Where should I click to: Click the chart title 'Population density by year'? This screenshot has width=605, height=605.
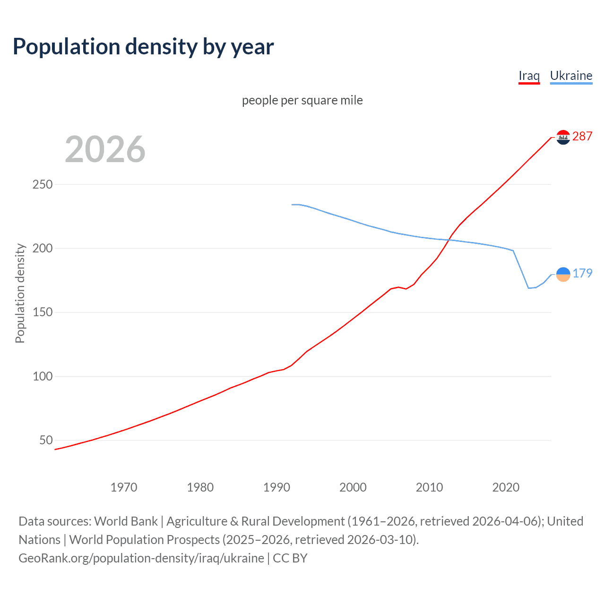[143, 47]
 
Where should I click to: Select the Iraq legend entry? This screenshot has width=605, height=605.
[529, 76]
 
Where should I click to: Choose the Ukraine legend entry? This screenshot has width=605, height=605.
[571, 76]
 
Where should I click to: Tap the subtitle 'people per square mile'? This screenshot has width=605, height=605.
[302, 100]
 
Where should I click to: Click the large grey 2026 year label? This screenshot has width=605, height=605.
[105, 149]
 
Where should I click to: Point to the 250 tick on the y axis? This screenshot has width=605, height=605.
[42, 184]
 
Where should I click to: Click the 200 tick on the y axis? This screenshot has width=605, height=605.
[42, 248]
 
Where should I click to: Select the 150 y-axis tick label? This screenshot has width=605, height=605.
[42, 312]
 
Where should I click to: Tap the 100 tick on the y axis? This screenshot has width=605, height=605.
[42, 376]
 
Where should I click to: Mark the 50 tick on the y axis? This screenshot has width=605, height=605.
[46, 440]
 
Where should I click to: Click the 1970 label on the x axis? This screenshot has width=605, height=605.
[124, 487]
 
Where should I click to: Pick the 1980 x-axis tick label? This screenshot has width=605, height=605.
[200, 487]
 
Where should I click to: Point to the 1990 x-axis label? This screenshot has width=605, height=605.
[277, 487]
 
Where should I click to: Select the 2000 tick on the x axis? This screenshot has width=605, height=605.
[353, 487]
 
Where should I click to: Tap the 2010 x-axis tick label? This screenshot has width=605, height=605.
[429, 487]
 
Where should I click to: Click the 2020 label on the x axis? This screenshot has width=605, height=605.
[506, 487]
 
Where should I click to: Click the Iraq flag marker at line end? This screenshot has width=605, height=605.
[563, 137]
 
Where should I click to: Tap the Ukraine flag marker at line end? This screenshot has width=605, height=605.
[563, 274]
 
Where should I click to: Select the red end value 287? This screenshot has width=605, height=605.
[582, 136]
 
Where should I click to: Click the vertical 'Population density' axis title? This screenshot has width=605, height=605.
[20, 293]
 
